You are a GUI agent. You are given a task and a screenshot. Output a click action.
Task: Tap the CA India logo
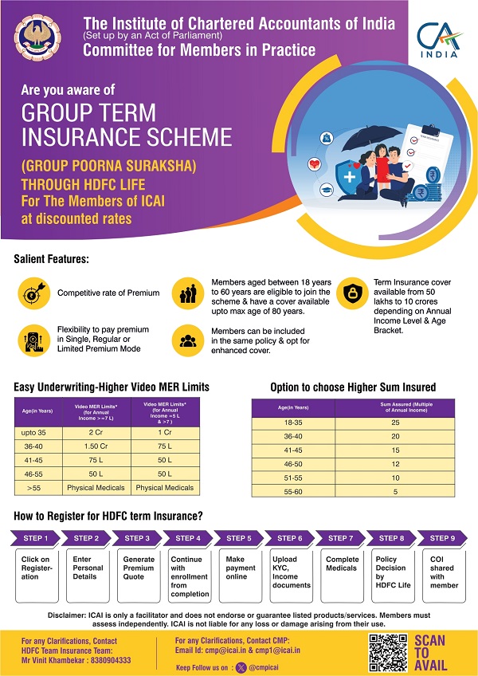[x=437, y=40]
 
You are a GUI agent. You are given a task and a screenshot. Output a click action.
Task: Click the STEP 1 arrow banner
[x=35, y=538]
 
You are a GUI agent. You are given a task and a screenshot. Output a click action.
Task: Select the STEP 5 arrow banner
[x=237, y=538]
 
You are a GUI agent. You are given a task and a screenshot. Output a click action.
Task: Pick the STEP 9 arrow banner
[x=442, y=538]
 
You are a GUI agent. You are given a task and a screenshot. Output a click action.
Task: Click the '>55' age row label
[x=34, y=487]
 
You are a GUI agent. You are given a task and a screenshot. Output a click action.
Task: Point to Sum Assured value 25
[x=394, y=422]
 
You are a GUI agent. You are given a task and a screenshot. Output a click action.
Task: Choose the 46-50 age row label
[x=293, y=463]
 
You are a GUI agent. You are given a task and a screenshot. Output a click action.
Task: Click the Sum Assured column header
[x=394, y=407]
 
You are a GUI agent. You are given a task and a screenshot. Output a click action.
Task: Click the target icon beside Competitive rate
[x=33, y=293]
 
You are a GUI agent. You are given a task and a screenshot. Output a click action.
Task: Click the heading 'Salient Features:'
[x=52, y=260]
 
